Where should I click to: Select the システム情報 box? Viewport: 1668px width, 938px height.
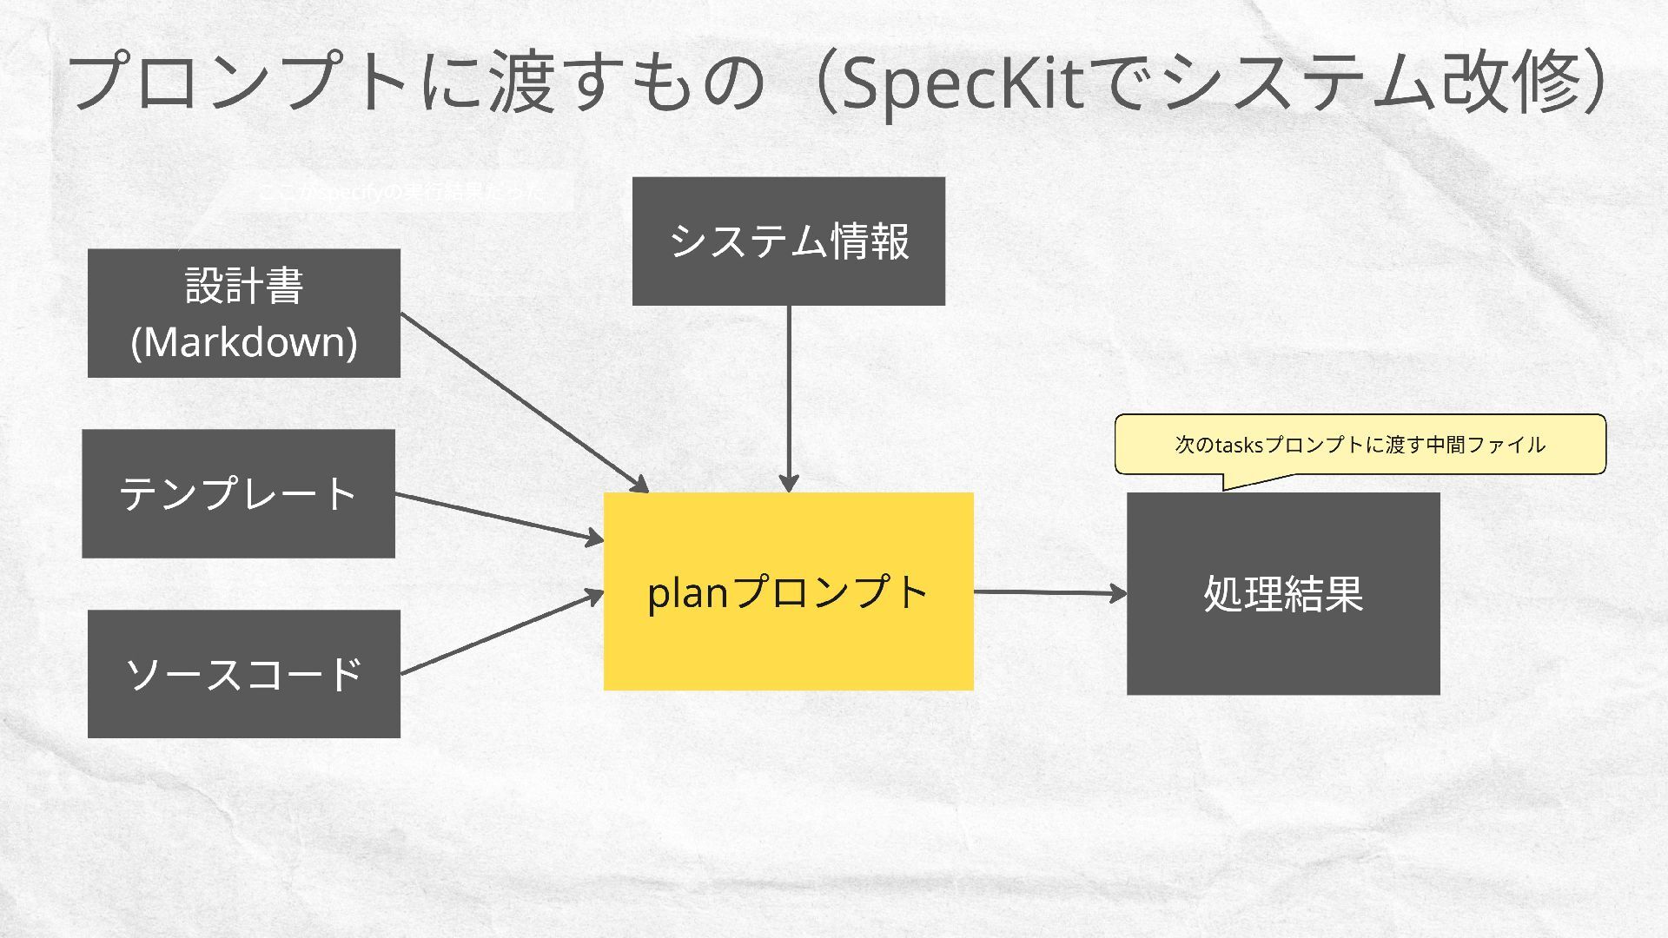788,241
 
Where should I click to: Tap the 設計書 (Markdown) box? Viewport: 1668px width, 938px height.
243,313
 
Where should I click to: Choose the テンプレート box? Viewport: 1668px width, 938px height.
238,493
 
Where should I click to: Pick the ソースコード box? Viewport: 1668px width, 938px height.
243,673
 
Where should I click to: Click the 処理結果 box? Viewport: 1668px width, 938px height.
1283,593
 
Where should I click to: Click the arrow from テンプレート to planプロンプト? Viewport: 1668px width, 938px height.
500,518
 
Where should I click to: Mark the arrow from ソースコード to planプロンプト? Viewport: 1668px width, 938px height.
502,633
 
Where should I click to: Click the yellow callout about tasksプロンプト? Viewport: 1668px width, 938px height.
1360,445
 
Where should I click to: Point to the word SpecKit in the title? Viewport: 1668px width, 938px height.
963,84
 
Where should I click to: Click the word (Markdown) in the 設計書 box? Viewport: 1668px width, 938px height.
243,342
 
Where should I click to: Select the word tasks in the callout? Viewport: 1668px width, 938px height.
1238,446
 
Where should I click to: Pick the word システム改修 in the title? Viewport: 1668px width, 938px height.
1373,83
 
